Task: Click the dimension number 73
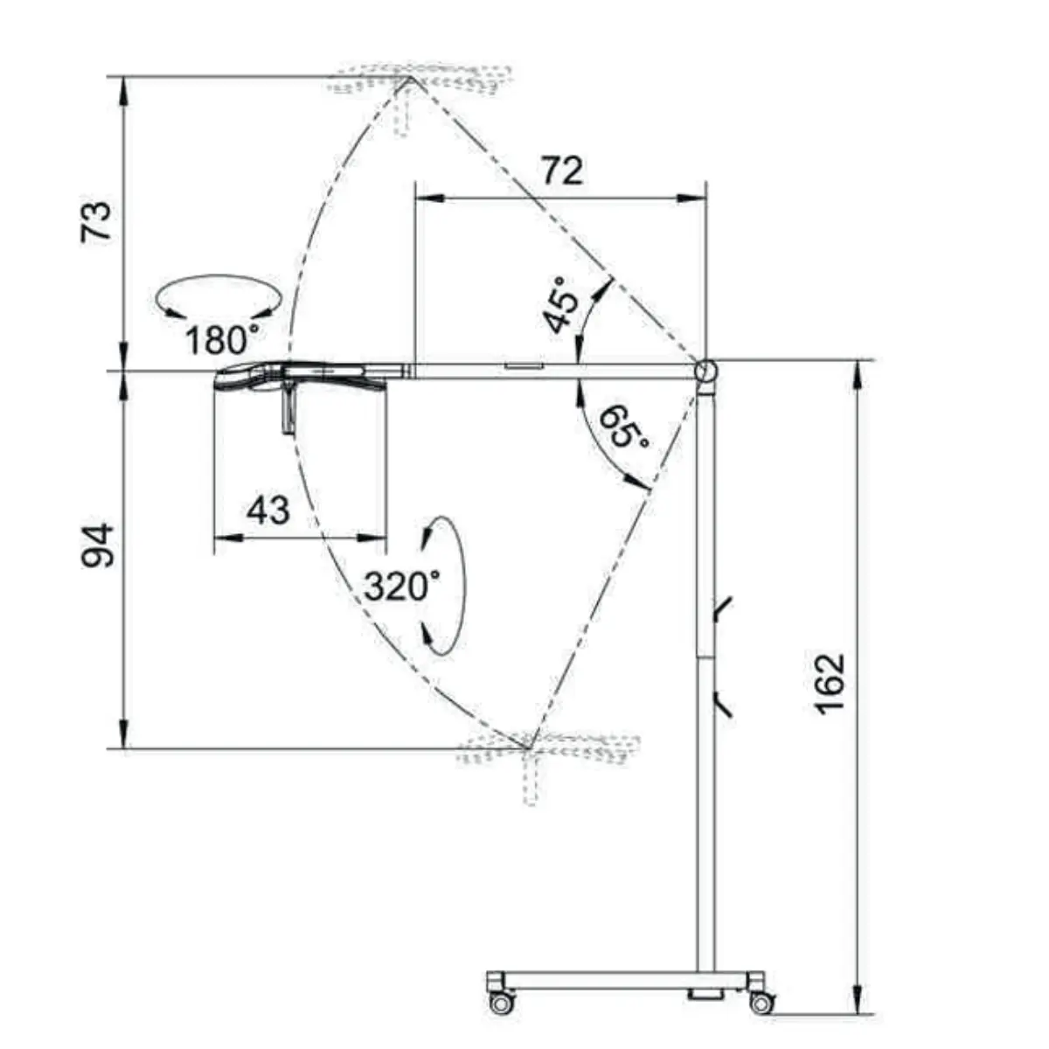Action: pos(96,221)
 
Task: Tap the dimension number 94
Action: pos(97,545)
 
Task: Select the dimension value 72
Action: pos(562,170)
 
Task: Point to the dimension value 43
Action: pos(267,510)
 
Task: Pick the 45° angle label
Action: pos(561,304)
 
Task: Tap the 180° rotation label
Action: pos(221,340)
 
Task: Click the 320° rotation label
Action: pos(402,587)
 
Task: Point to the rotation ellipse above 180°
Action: pos(219,276)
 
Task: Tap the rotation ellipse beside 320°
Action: pos(464,585)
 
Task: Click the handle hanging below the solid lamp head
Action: pos(288,406)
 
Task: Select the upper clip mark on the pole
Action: pos(722,609)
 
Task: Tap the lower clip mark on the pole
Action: pos(722,704)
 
